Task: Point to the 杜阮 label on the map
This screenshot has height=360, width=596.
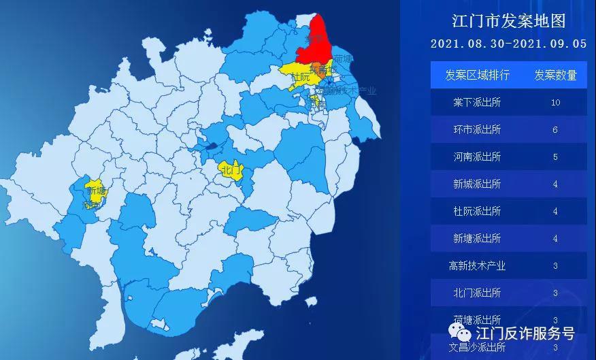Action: tap(299, 78)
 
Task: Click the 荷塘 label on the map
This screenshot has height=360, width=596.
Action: tap(344, 59)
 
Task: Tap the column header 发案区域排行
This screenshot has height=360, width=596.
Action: tap(477, 75)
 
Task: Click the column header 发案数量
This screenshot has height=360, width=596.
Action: tap(555, 75)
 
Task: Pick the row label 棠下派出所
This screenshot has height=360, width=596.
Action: tap(477, 102)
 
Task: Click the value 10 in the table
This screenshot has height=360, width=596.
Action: tap(555, 103)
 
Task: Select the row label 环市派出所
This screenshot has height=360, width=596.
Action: tap(477, 129)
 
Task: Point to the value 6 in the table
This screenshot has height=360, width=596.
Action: tap(555, 130)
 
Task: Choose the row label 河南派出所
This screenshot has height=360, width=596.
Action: tap(477, 157)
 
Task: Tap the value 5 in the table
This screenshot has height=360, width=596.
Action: tap(555, 157)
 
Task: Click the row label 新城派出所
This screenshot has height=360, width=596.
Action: tap(477, 184)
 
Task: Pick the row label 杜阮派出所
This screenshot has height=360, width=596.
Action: tap(477, 211)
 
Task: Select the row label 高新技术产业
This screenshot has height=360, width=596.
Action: tap(477, 265)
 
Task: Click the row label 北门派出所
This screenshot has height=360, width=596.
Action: tap(477, 293)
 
